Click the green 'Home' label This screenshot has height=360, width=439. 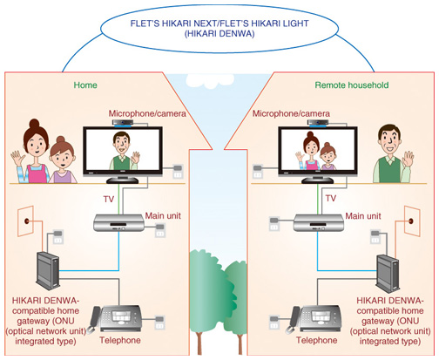tap(85, 85)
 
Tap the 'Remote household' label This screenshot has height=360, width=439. tap(352, 85)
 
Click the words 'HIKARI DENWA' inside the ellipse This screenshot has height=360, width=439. tap(219, 34)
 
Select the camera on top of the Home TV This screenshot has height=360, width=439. tap(124, 123)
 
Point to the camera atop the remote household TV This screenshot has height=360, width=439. tap(319, 123)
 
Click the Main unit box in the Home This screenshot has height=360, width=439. tap(118, 223)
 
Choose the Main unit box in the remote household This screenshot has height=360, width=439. tap(318, 223)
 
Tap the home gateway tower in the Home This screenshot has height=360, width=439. tap(48, 270)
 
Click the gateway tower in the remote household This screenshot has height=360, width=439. tap(388, 273)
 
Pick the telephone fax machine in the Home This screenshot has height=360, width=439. tap(116, 319)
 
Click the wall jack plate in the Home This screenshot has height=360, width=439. tap(26, 221)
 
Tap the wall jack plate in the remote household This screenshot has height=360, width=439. tap(412, 221)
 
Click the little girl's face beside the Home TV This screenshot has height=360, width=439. tap(63, 157)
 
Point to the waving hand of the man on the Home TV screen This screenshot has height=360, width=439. tap(135, 158)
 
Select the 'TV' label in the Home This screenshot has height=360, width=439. tap(109, 200)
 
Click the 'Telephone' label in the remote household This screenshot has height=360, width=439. tap(317, 340)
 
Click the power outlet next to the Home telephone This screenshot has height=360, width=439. tap(159, 322)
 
